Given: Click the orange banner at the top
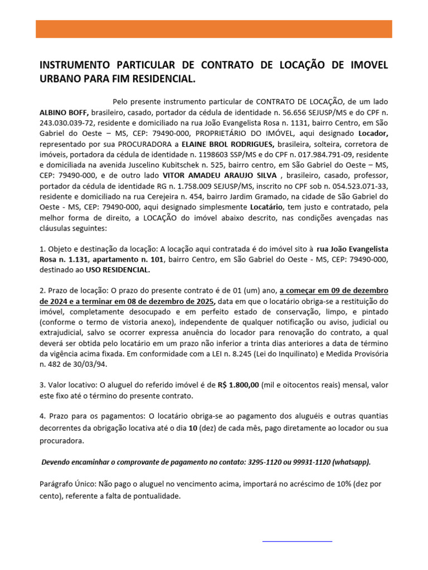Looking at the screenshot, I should coord(214,29).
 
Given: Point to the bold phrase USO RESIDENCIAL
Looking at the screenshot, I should coord(118,270).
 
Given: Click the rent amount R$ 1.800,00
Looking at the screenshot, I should coord(239,385).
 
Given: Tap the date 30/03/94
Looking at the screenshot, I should coord(91,365).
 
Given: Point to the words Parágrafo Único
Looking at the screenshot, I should coord(68,484).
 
